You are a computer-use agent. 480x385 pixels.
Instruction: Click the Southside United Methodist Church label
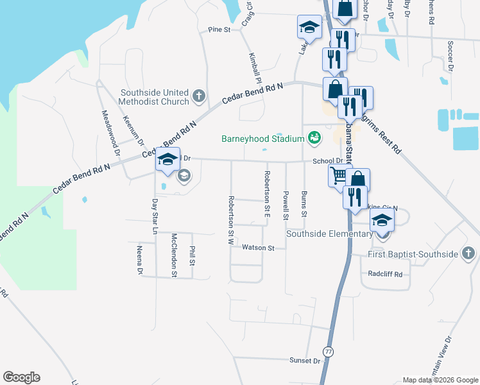[x=154, y=97]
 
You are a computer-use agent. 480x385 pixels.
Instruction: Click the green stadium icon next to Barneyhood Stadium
[x=314, y=138]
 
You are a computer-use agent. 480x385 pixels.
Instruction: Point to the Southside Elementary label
[x=329, y=234]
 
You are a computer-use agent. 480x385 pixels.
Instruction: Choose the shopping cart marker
[x=340, y=175]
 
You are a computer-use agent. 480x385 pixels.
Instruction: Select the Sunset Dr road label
[x=304, y=361]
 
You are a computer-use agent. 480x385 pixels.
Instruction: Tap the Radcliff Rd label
[x=385, y=274]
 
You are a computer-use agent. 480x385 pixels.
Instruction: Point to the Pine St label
[x=219, y=30]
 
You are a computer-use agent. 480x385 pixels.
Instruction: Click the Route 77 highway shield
[x=329, y=352]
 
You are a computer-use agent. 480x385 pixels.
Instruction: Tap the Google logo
[x=21, y=377]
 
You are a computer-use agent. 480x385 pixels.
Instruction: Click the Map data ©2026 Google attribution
[x=440, y=380]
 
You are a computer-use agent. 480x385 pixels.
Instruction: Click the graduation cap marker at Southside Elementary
[x=382, y=220]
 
